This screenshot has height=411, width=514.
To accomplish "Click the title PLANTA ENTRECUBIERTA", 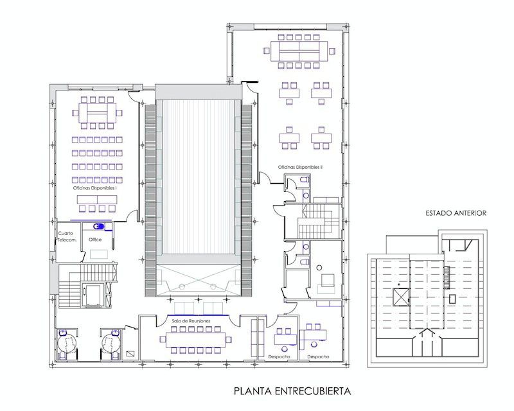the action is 292,391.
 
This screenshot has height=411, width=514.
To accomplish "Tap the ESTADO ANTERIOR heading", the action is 456,213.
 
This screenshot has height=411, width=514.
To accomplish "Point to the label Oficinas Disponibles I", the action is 95,188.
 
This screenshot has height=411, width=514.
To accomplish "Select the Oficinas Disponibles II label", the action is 300,167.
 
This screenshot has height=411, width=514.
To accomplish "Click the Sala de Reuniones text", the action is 191,321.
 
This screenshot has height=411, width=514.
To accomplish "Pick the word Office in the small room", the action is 95,240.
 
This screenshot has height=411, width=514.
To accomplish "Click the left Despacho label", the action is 279,356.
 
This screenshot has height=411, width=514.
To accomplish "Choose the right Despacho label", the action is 318,356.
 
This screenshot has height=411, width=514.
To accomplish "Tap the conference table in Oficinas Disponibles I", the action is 97,113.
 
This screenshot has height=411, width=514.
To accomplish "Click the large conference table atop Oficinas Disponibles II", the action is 299,51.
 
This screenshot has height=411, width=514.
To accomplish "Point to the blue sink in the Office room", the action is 98,226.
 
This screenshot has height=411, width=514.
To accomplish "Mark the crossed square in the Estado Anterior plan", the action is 401,297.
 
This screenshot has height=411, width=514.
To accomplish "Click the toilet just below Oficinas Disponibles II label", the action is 305,180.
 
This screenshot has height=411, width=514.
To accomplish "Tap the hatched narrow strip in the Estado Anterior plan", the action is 446,277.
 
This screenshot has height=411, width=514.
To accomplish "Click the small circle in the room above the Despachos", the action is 318,268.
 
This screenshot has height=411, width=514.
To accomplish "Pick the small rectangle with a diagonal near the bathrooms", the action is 130,354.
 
